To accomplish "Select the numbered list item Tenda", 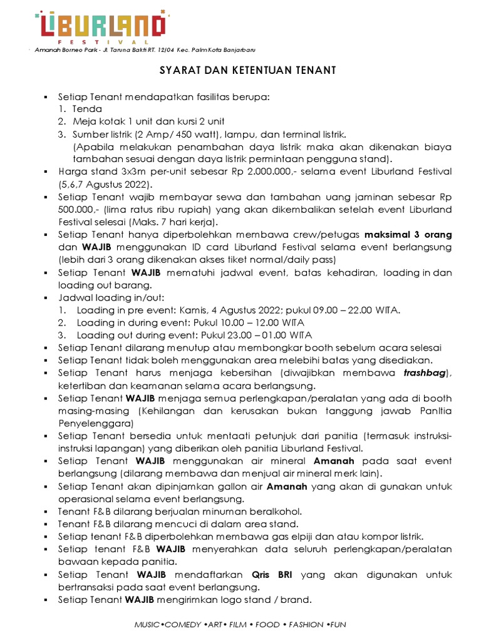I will point(87,109).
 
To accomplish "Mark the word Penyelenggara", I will point(91,423).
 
